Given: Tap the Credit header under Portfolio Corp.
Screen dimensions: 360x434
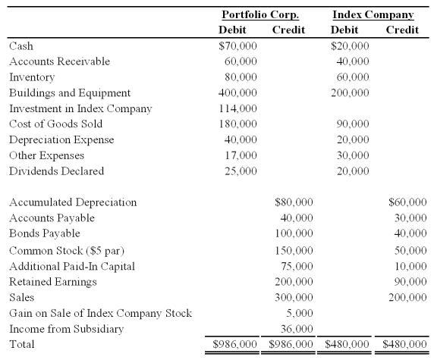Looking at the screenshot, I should [288, 30].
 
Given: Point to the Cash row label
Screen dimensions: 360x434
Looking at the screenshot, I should [21, 46].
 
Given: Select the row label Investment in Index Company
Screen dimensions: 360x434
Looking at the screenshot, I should [80, 108].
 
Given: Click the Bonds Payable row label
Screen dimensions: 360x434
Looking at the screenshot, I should [44, 233].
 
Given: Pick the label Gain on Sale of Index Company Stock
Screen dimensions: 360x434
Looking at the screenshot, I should [100, 313].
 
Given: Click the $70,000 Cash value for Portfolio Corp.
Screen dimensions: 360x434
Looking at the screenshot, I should [237, 46].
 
